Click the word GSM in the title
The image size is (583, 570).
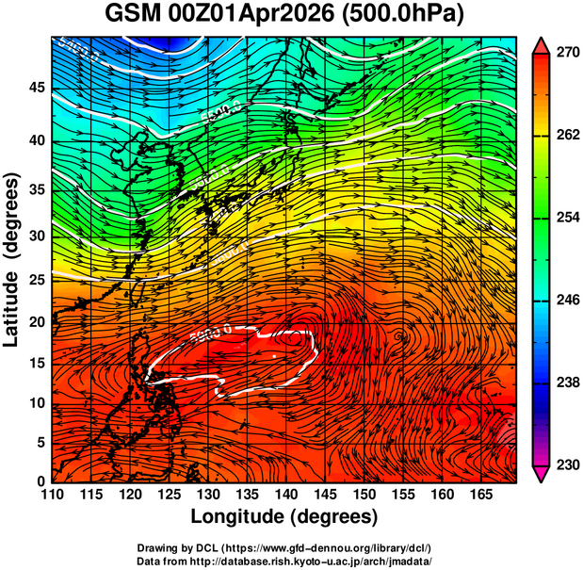(131, 16)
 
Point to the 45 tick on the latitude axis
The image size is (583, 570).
(36, 89)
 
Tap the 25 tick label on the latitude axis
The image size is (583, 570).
(36, 281)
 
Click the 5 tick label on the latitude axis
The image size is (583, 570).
(40, 442)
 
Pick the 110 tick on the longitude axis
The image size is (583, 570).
(52, 495)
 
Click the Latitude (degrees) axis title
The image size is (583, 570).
(13, 259)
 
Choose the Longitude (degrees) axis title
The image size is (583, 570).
(284, 516)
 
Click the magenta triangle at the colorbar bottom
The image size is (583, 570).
(542, 473)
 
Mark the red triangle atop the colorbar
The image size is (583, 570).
(542, 44)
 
